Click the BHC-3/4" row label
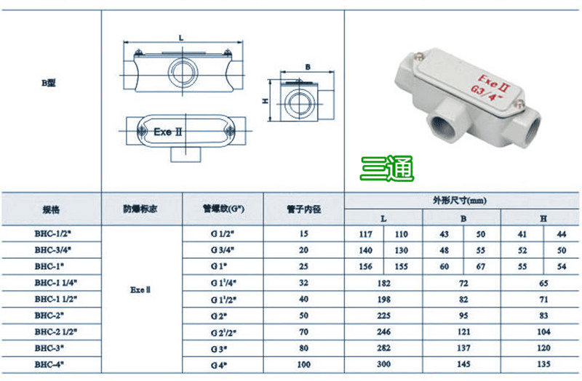coord(52,250)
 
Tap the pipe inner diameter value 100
coord(303,365)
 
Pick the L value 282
coord(383,348)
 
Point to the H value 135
coord(543,364)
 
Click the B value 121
coord(463,332)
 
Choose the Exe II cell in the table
coord(140,290)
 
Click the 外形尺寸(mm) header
coord(460,201)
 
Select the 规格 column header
coord(51,210)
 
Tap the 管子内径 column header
coord(303,209)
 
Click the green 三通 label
coord(387,169)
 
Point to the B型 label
coord(49,83)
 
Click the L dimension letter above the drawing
coord(181,38)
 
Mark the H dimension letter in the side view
coord(265,100)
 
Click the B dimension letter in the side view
coord(308,67)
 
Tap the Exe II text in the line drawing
coord(168,132)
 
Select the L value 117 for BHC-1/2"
coord(366,234)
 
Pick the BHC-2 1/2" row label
coord(56,332)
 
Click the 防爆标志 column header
coord(140,209)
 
